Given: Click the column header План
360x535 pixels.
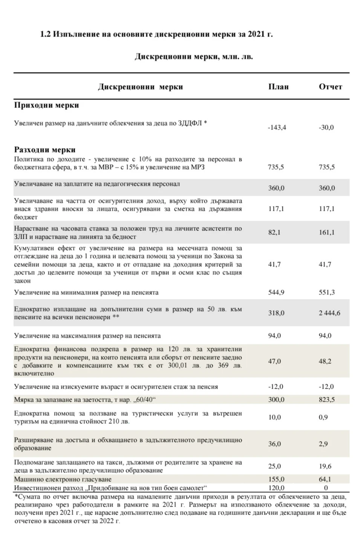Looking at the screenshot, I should [278, 87].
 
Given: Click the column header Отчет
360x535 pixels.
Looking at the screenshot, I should [330, 87].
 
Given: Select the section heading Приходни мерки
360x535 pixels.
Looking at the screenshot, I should [46, 105].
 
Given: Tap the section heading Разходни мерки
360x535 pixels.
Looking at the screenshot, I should [45, 150].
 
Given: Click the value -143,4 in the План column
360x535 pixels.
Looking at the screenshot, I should [277, 127].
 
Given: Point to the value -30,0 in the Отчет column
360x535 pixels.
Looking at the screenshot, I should [326, 127].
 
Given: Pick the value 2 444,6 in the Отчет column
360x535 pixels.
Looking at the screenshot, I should [329, 313].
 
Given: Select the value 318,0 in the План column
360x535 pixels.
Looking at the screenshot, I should [276, 313].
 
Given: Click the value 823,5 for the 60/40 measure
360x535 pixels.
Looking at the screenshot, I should [326, 399].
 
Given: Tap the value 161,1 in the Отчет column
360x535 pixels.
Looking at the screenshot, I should [326, 232].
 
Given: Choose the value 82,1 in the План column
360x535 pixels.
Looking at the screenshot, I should [274, 232].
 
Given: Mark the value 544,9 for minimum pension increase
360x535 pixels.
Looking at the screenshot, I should [276, 292].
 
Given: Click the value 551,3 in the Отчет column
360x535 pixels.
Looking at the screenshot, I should [326, 292].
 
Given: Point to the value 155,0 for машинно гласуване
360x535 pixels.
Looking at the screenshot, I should [276, 479].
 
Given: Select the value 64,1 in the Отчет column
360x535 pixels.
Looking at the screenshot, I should [325, 479].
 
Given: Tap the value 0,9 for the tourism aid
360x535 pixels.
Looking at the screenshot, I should [323, 417].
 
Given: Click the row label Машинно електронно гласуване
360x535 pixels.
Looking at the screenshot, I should [63, 479].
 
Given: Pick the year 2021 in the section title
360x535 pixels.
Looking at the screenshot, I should [256, 34].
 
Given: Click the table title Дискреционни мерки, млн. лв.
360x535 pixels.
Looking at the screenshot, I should [194, 57].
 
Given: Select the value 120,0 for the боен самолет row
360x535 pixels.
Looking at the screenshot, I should [276, 488].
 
